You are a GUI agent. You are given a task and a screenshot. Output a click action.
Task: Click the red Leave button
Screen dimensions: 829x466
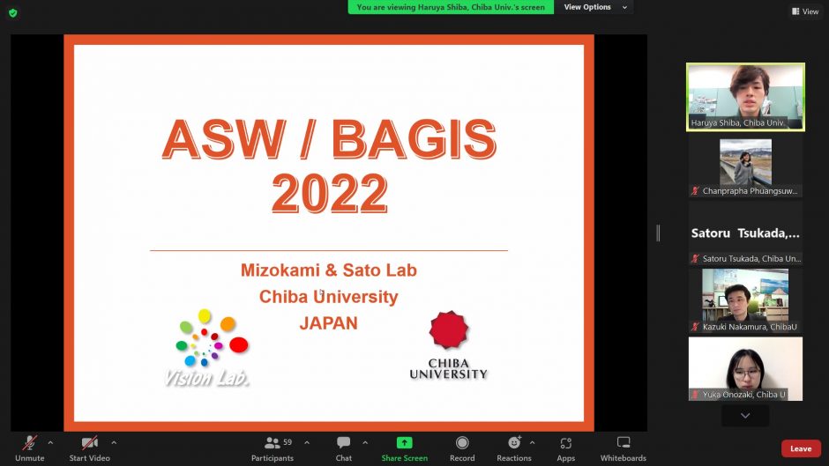801,448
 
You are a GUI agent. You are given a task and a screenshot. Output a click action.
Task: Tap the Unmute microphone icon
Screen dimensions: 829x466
30,442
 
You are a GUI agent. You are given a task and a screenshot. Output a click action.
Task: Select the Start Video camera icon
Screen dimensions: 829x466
89,442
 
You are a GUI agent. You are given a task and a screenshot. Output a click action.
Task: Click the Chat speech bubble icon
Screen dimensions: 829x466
344,442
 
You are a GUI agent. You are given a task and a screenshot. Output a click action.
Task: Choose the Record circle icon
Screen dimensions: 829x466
462,442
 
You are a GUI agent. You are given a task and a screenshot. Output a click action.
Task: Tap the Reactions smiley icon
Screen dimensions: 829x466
514,442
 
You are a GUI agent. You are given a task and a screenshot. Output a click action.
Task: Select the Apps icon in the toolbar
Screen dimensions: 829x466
565,443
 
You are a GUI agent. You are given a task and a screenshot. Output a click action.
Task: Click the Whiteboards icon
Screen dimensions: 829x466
624,442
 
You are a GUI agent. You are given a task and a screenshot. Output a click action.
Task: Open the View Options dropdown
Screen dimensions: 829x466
594,7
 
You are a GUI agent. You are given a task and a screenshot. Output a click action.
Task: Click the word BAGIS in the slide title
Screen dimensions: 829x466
414,139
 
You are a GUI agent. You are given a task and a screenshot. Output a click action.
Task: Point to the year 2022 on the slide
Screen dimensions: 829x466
329,194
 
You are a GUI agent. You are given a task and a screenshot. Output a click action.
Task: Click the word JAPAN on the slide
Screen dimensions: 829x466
328,322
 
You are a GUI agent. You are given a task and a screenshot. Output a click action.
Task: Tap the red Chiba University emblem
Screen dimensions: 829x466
448,329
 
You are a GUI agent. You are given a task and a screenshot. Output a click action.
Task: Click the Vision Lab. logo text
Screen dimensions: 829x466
206,378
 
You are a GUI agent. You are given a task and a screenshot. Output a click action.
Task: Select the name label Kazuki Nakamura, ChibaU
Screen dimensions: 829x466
749,327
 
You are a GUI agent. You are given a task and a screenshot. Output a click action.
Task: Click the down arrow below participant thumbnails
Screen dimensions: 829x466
745,416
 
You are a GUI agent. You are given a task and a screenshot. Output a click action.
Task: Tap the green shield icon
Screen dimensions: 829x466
13,12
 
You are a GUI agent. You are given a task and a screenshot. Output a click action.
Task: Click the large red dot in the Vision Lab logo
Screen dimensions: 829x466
238,345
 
